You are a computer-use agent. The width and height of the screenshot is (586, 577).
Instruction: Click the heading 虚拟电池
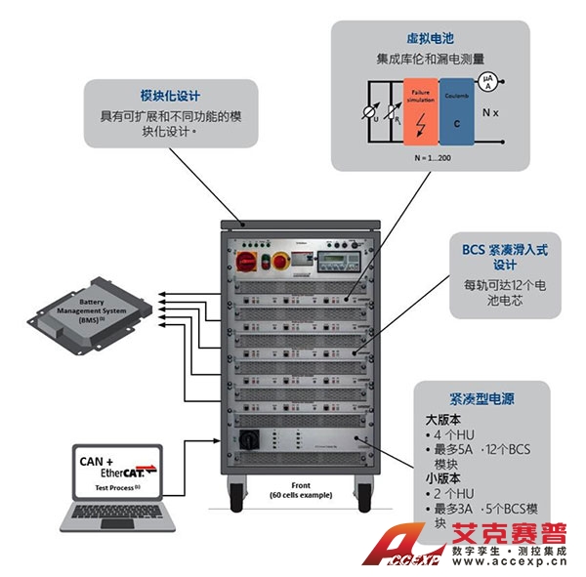click(432, 37)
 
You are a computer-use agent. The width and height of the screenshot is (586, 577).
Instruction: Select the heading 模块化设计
click(170, 96)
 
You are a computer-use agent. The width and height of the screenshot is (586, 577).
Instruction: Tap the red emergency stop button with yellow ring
click(280, 261)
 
